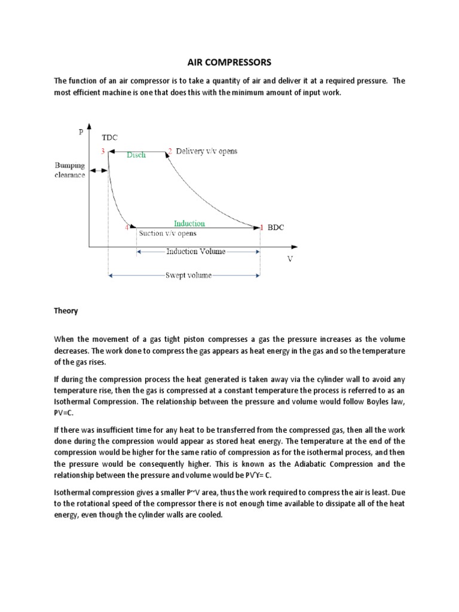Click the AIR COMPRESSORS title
pyautogui.click(x=229, y=62)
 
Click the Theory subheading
pyautogui.click(x=66, y=311)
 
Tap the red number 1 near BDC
pyautogui.click(x=261, y=227)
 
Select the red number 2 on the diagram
pyautogui.click(x=170, y=151)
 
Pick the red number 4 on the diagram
pyautogui.click(x=127, y=227)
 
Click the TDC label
pyautogui.click(x=110, y=137)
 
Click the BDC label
pyautogui.click(x=276, y=228)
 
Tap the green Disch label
pyautogui.click(x=136, y=154)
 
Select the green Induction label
pyautogui.click(x=189, y=223)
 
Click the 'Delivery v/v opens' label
pyautogui.click(x=206, y=151)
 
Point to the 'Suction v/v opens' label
pyautogui.click(x=167, y=234)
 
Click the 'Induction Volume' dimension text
pyautogui.click(x=196, y=252)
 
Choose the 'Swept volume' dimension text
pyautogui.click(x=188, y=276)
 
